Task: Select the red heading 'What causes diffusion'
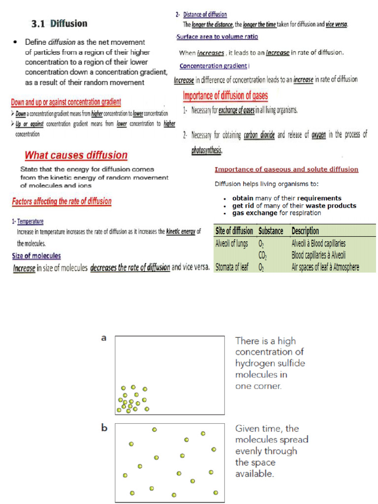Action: pyautogui.click(x=76, y=156)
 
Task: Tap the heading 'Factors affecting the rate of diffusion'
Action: pyautogui.click(x=62, y=201)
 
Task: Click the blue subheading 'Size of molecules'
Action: pyautogui.click(x=36, y=256)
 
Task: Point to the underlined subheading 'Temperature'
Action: pyautogui.click(x=31, y=221)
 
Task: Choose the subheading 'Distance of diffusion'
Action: pyautogui.click(x=205, y=15)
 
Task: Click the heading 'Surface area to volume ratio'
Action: pyautogui.click(x=217, y=37)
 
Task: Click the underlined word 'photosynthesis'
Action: pyautogui.click(x=207, y=151)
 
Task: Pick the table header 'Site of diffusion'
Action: pyautogui.click(x=234, y=231)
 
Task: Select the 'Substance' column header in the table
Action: pyautogui.click(x=271, y=231)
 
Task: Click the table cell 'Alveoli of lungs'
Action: pyautogui.click(x=232, y=244)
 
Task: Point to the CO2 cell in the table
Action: pyautogui.click(x=262, y=255)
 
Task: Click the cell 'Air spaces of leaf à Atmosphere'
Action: pyautogui.click(x=325, y=268)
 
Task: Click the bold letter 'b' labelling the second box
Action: pyautogui.click(x=104, y=428)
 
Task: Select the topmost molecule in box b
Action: pyautogui.click(x=155, y=430)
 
